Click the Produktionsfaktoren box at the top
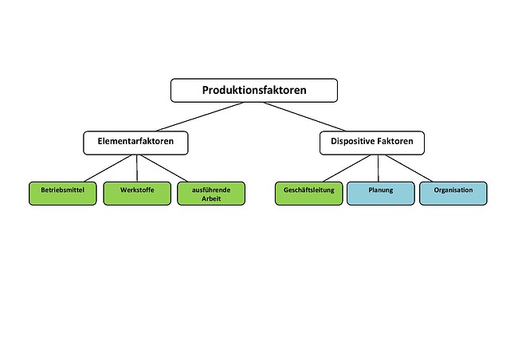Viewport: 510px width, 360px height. [254, 90]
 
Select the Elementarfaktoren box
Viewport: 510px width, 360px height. [135, 143]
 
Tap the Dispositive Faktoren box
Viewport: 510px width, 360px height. [372, 143]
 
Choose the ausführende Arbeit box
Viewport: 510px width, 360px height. [211, 194]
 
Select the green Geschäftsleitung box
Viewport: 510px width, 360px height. [309, 192]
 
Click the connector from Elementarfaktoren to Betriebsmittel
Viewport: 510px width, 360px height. [99, 168]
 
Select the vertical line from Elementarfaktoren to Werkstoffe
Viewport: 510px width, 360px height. [136, 168]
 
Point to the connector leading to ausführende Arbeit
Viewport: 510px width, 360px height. [171, 168]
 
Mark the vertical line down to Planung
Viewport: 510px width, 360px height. [379, 168]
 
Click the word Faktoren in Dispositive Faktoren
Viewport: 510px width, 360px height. [394, 143]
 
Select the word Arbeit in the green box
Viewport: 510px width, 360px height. [211, 198]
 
